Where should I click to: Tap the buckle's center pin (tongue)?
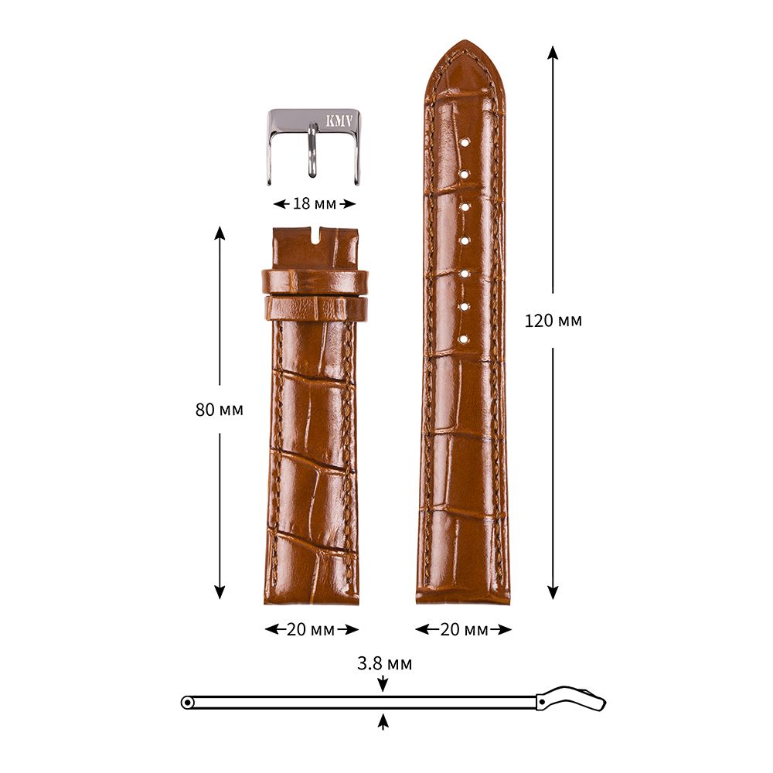(312, 151)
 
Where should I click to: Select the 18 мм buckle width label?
(315, 203)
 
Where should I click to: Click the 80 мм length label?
(220, 410)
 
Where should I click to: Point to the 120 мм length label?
(553, 321)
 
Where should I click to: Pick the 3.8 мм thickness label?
(384, 663)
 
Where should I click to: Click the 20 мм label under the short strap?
(311, 629)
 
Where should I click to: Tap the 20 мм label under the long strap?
(464, 629)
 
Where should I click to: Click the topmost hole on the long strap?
(464, 143)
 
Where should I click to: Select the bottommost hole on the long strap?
(464, 339)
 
